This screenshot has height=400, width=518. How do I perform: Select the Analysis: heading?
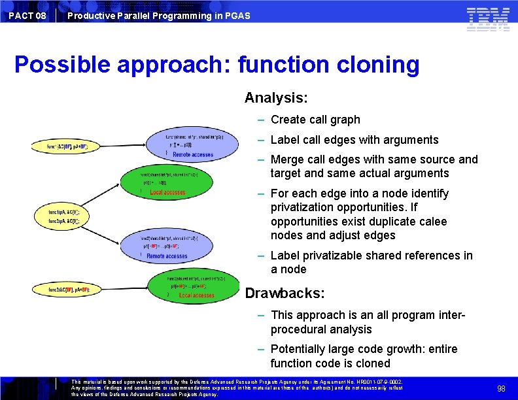(x=276, y=98)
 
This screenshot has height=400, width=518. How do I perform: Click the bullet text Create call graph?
(x=315, y=120)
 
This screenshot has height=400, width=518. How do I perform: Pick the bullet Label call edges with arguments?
(x=354, y=140)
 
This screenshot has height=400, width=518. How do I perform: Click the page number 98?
(x=501, y=388)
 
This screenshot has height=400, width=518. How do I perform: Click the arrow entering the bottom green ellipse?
(x=124, y=288)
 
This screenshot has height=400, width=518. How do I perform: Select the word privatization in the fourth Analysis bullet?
(x=302, y=207)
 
